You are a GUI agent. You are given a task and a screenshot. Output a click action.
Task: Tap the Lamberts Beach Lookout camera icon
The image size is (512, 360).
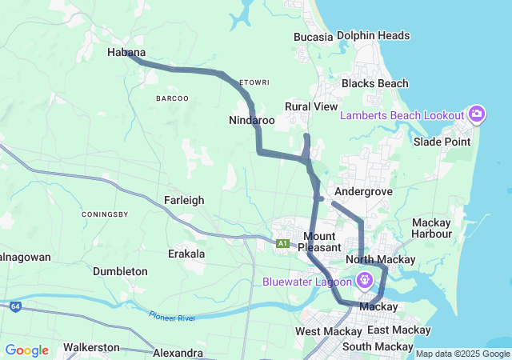pyautogui.click(x=477, y=114)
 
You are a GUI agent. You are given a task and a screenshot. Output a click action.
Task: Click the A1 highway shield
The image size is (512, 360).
pyautogui.click(x=282, y=243)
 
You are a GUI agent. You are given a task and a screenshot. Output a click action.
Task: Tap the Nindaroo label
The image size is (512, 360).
pyautogui.click(x=252, y=120)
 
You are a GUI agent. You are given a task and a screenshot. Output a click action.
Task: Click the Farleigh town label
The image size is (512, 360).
pyautogui.click(x=184, y=199)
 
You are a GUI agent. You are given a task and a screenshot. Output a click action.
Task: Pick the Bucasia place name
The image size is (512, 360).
pyautogui.click(x=313, y=37)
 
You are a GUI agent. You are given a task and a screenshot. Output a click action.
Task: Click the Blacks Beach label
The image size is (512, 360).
pyautogui.click(x=374, y=83)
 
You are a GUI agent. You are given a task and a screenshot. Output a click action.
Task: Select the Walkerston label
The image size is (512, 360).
pyautogui.click(x=91, y=347)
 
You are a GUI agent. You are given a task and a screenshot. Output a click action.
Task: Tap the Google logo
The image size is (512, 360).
pyautogui.click(x=26, y=350)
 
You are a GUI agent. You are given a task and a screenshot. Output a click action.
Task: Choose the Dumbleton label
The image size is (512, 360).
pyautogui.click(x=120, y=271)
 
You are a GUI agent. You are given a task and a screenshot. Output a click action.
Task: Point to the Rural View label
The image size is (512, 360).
pyautogui.click(x=311, y=106)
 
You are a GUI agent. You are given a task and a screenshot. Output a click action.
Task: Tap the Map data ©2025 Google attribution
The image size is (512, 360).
pyautogui.click(x=462, y=354)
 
